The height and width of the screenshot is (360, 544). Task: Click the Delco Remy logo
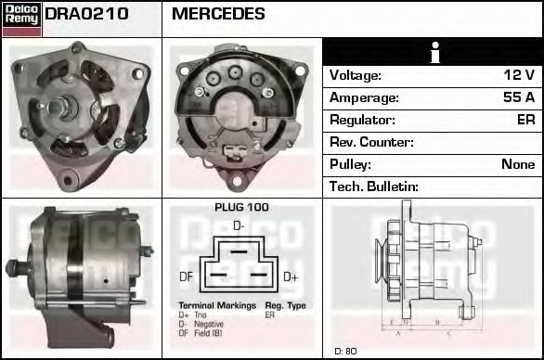21,18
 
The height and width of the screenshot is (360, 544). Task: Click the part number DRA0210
86,14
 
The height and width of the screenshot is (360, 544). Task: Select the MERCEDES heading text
218,14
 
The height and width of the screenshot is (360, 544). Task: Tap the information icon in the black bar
434,52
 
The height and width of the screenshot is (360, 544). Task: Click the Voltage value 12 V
518,75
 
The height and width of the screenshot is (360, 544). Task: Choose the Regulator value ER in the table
525,120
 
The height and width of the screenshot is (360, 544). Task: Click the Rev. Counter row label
371,142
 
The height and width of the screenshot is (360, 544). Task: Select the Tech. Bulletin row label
374,186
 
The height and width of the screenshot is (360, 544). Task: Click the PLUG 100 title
241,207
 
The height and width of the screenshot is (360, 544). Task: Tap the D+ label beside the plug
291,276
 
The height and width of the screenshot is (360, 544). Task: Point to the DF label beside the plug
186,276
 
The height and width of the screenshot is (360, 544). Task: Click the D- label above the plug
239,225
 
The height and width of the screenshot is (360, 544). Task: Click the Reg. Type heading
285,305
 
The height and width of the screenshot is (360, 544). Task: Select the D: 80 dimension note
345,351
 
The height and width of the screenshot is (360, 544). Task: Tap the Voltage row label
355,75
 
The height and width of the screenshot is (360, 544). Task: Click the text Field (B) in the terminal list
209,332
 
